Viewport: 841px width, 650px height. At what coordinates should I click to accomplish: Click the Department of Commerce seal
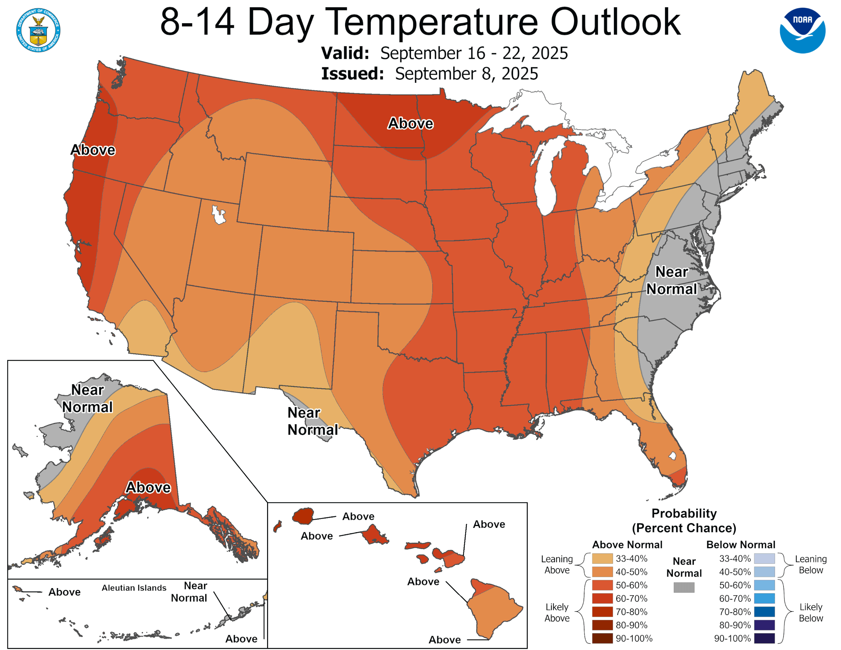pos(38,30)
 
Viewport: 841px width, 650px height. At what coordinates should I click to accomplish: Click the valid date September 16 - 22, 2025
pos(474,53)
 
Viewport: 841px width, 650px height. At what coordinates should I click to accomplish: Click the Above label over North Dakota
pos(410,123)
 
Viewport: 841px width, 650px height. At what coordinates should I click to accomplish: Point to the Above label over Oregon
pos(93,150)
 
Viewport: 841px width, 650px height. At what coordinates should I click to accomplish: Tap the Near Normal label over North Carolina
pos(671,280)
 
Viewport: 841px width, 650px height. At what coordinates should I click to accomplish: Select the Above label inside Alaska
pos(148,487)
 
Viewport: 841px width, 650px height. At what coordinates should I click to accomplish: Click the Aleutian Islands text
pos(134,588)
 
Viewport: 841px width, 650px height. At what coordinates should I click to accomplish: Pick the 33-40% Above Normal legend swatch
pos(602,558)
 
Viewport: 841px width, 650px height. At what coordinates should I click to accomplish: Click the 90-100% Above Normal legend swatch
pos(602,638)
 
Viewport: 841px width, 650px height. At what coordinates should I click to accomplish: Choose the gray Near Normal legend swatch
pos(684,587)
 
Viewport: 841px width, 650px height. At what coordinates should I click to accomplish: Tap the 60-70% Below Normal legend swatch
pos(764,599)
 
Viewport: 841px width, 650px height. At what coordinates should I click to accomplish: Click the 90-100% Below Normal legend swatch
pos(764,638)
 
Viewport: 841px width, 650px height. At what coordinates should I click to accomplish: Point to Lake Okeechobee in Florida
pos(672,456)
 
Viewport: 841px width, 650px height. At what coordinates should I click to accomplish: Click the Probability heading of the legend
pos(684,513)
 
